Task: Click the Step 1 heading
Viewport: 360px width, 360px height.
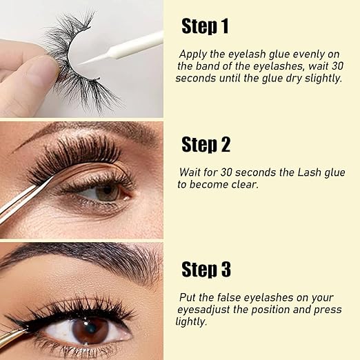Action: coord(206,26)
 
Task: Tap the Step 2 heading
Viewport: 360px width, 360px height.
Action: coord(206,145)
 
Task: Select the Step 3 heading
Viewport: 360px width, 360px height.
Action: coord(206,268)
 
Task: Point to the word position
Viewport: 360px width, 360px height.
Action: coord(274,309)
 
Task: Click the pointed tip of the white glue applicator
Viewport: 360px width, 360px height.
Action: coord(82,62)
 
